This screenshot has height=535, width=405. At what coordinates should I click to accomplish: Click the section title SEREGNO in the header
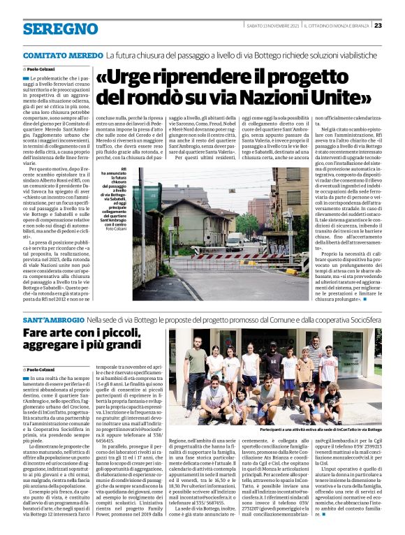(50, 29)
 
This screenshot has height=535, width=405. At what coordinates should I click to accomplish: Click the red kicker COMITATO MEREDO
(63, 54)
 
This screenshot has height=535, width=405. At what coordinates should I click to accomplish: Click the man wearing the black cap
(273, 362)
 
